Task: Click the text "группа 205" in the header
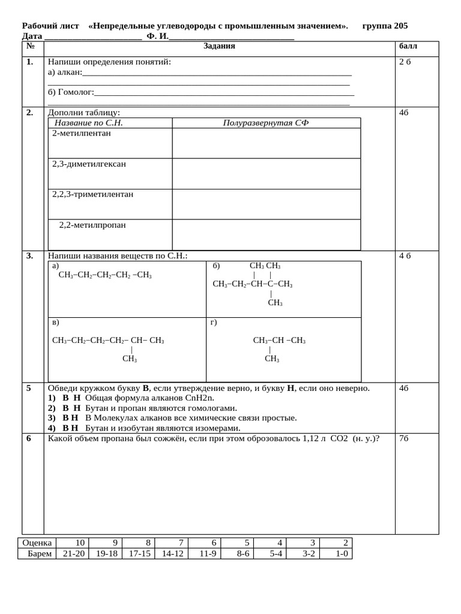click(385, 26)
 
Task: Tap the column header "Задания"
click(219, 46)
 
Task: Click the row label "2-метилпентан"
click(82, 133)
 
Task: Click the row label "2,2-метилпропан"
click(92, 225)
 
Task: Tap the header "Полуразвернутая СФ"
click(266, 123)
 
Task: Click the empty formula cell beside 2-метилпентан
click(266, 143)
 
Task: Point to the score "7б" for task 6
click(404, 438)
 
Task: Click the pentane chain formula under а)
click(105, 275)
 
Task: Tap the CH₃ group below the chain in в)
click(130, 359)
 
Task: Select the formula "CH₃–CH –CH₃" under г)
click(279, 341)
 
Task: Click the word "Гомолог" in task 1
click(74, 92)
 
